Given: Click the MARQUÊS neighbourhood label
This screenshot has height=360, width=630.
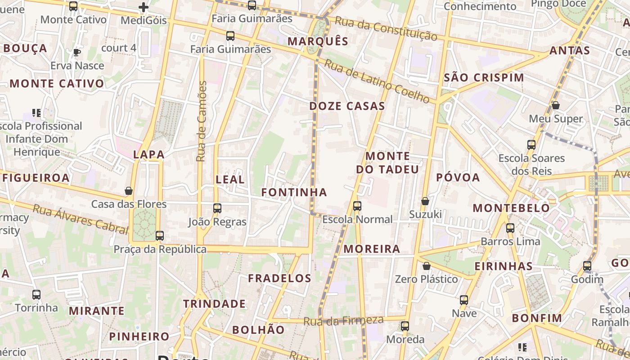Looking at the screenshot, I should [318, 41].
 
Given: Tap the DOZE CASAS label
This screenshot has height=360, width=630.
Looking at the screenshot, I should [347, 106].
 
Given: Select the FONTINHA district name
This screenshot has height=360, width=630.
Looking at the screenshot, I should [294, 192].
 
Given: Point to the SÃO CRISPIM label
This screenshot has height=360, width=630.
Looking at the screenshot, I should [484, 77].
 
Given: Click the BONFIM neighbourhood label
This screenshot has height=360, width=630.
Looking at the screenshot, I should [537, 318].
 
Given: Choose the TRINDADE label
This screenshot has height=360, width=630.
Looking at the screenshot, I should [214, 304].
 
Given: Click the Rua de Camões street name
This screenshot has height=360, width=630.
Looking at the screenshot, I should [202, 121].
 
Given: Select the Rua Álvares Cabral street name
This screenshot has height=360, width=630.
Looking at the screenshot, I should [81, 219].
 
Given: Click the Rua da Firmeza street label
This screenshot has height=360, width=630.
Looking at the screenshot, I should [343, 321].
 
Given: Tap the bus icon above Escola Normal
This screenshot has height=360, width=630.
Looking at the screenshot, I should [357, 206].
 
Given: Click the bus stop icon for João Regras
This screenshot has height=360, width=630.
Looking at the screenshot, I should [217, 208].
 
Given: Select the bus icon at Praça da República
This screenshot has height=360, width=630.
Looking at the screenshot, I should [159, 235].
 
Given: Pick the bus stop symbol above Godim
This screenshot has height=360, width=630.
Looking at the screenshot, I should [587, 266].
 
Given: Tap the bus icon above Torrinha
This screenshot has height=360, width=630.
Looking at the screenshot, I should [36, 295].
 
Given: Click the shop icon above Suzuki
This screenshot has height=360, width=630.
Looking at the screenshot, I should [425, 201].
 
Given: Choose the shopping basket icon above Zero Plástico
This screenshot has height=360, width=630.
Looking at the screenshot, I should [426, 266].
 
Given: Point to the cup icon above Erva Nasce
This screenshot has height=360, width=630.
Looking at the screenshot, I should [76, 52].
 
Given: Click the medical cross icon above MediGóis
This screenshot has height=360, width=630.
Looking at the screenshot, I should [144, 7].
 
